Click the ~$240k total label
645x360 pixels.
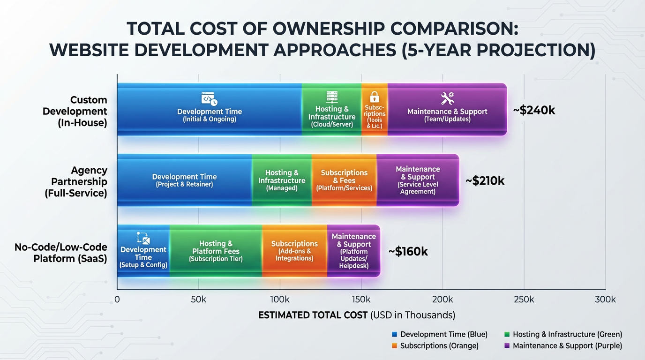click(534, 111)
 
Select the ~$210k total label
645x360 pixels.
click(485, 181)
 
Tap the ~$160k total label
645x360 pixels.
click(408, 252)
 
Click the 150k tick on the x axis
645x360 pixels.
click(361, 300)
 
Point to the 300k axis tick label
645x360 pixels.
click(605, 300)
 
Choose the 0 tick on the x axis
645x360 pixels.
click(117, 300)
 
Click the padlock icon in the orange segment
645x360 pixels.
click(374, 97)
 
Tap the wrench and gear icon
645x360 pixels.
click(447, 98)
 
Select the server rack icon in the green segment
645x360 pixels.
click(332, 97)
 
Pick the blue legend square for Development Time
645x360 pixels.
click(394, 335)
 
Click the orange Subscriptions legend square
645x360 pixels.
click(394, 346)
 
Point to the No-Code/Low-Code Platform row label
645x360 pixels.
click(61, 253)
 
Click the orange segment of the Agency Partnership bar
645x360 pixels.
click(344, 180)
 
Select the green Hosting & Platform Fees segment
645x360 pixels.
click(216, 251)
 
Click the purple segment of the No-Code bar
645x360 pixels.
click(353, 251)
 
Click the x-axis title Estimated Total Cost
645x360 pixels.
click(356, 315)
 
